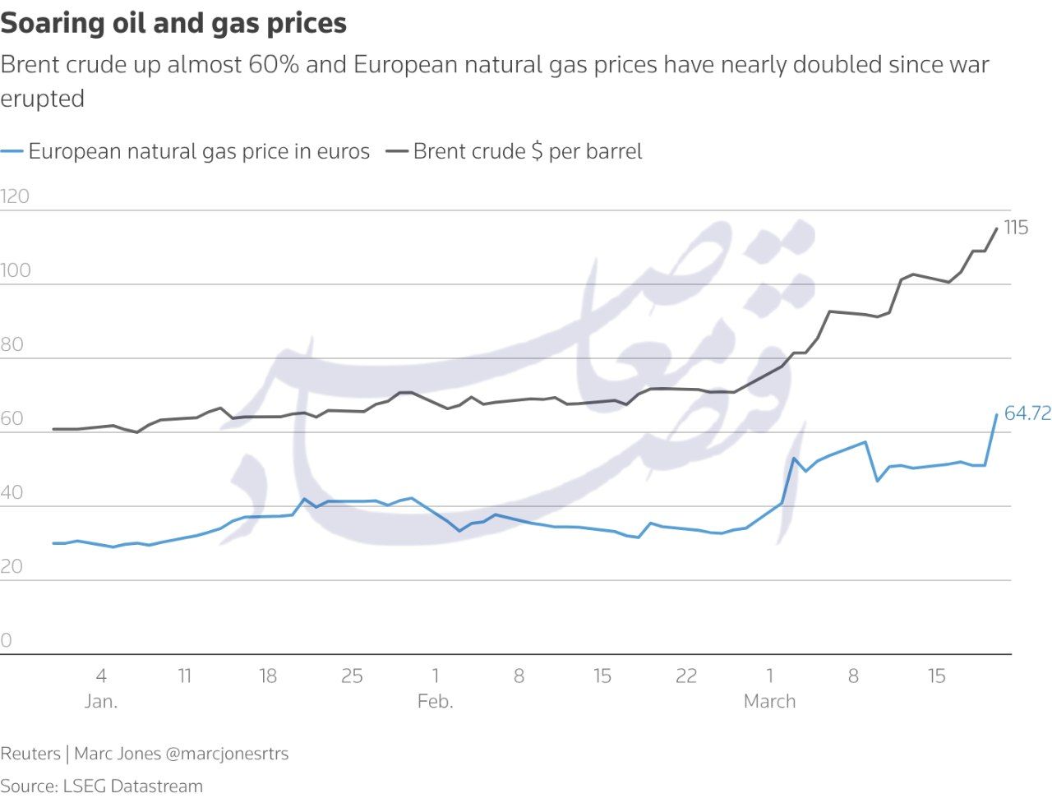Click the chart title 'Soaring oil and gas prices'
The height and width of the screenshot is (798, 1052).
click(173, 23)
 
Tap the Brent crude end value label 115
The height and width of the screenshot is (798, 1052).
click(1016, 228)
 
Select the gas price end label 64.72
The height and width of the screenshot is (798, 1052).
click(1027, 413)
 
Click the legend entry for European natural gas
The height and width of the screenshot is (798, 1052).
click(198, 151)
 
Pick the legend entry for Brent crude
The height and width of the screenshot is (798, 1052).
click(527, 151)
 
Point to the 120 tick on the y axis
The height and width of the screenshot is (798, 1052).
click(15, 196)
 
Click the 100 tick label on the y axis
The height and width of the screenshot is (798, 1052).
click(15, 270)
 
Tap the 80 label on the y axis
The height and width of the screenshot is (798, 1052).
click(12, 344)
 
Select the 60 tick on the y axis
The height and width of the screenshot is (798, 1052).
click(12, 418)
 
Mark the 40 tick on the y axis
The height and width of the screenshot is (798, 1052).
click(12, 492)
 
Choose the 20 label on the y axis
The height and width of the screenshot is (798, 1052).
click(12, 566)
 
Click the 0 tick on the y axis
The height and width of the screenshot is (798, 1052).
click(7, 640)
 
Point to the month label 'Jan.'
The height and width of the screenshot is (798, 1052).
click(101, 701)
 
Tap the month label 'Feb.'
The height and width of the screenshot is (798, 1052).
click(435, 701)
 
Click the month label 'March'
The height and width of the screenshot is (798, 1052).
click(769, 701)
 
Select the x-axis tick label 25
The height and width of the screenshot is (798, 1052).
click(352, 676)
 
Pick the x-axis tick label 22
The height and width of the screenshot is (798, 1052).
click(686, 676)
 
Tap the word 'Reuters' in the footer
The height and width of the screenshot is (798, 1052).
click(30, 754)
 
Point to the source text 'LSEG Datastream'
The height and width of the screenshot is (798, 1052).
click(132, 786)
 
